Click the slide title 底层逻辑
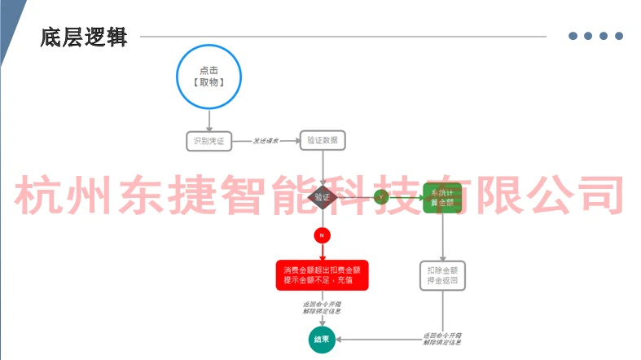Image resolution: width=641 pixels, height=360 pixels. (x=84, y=37)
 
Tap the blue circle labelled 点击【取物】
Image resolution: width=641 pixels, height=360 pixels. (x=210, y=77)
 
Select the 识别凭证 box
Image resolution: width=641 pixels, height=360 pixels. (x=209, y=141)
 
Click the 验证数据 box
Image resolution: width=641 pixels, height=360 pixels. (x=323, y=140)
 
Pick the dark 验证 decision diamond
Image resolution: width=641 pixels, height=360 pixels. (x=323, y=197)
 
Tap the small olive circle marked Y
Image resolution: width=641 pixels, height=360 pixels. (x=380, y=197)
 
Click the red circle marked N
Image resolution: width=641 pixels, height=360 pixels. (x=323, y=235)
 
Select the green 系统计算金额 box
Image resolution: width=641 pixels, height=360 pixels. (x=442, y=197)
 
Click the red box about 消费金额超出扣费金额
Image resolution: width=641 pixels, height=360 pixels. (x=323, y=274)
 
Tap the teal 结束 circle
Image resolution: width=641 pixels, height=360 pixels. (x=323, y=339)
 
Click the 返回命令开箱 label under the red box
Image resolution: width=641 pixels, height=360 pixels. (x=323, y=307)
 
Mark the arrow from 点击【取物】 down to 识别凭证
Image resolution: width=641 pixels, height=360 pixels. (x=210, y=120)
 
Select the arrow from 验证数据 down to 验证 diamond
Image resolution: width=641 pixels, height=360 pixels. (x=323, y=167)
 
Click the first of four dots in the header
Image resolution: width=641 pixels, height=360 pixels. (x=573, y=36)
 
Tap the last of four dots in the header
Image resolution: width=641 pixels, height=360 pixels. (x=619, y=36)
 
